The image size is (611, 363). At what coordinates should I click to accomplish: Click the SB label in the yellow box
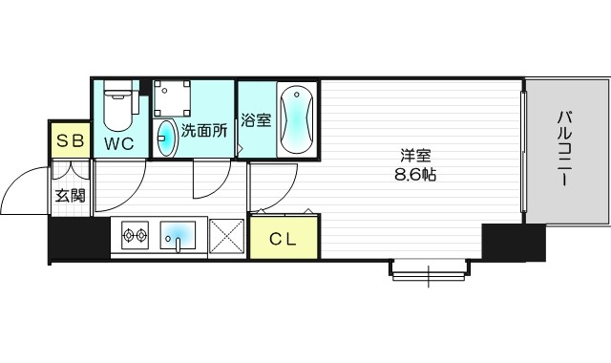point(70,141)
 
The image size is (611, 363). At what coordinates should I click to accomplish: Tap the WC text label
point(119,144)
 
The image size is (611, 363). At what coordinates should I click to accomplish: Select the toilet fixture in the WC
point(117,107)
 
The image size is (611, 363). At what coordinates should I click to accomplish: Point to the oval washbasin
point(166,138)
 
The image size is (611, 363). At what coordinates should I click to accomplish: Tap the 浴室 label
point(255,121)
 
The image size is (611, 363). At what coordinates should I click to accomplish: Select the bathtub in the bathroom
point(293,119)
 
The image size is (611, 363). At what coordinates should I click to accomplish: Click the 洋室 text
point(413,156)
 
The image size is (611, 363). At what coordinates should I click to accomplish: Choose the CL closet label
point(280,238)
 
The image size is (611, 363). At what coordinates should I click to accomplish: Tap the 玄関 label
point(70,197)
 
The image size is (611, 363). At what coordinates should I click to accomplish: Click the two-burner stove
point(134,234)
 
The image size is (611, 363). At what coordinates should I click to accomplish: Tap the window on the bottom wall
point(429,271)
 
